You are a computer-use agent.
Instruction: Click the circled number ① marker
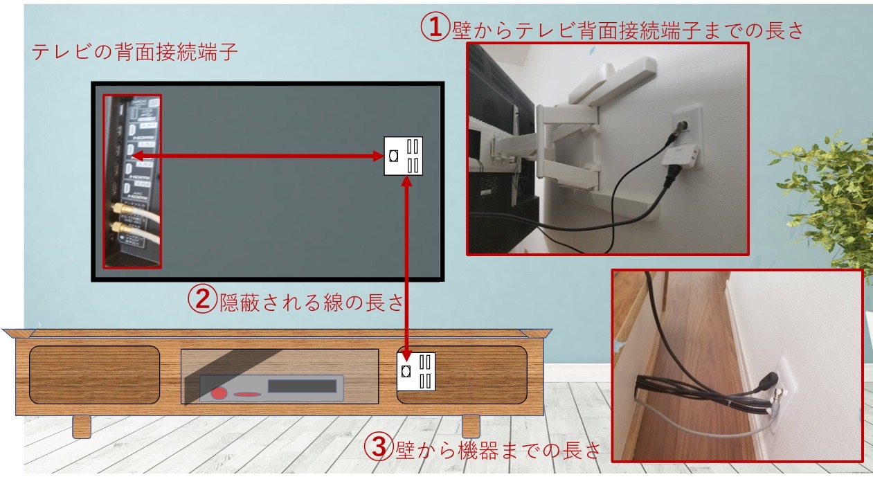tap(435, 28)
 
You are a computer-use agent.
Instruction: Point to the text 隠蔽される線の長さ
tap(311, 302)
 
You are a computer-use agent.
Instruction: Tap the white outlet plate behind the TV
tap(404, 156)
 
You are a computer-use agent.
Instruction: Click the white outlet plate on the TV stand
tap(415, 371)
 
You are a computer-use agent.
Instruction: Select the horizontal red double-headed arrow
tap(257, 156)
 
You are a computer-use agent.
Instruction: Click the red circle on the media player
tap(219, 393)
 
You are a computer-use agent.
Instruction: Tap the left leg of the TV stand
tap(82, 426)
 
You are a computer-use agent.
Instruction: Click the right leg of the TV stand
tap(471, 426)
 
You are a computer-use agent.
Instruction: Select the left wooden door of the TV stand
tap(94, 375)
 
